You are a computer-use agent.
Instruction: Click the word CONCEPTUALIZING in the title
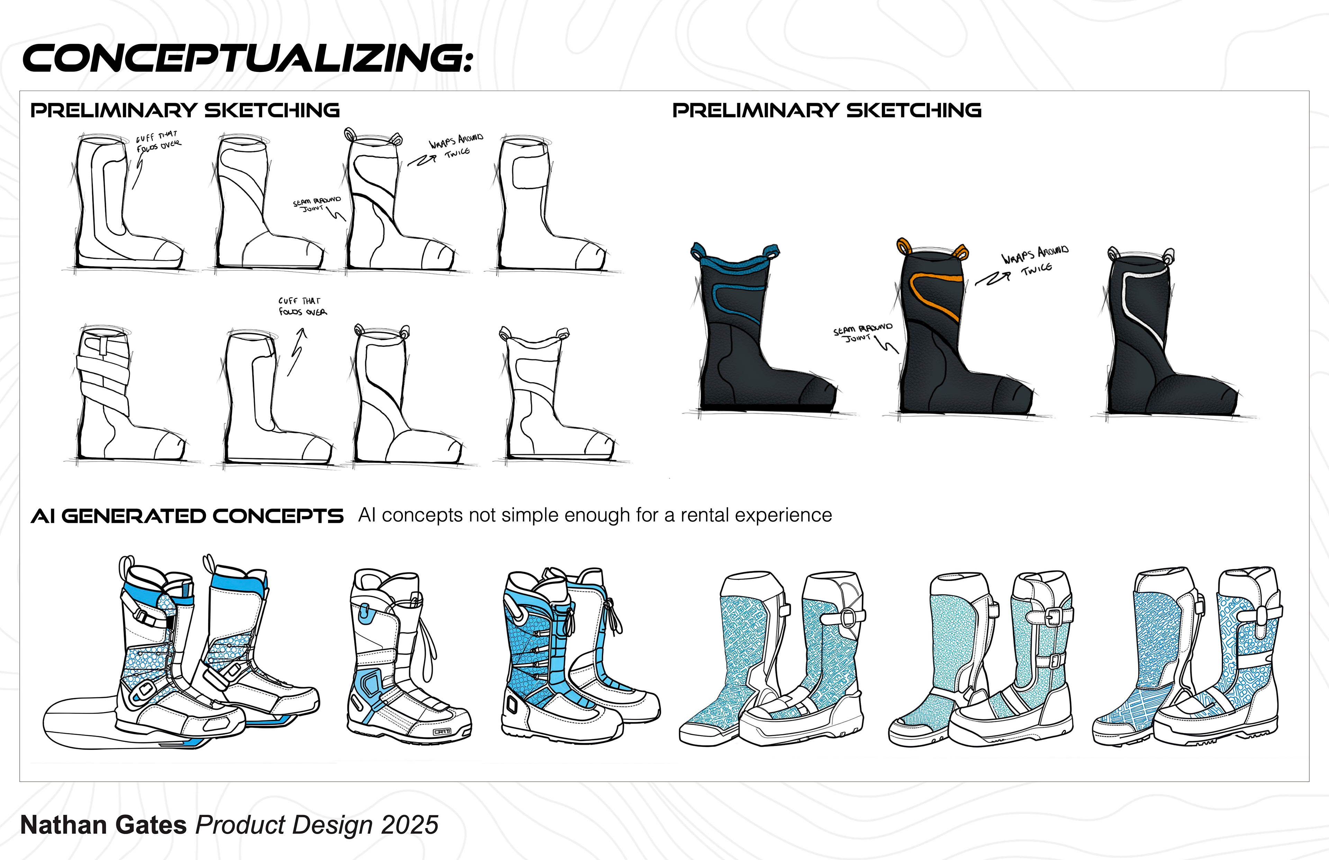[246, 58]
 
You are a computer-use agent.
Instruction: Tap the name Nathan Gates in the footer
[103, 825]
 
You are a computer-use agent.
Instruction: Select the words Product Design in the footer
[284, 825]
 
